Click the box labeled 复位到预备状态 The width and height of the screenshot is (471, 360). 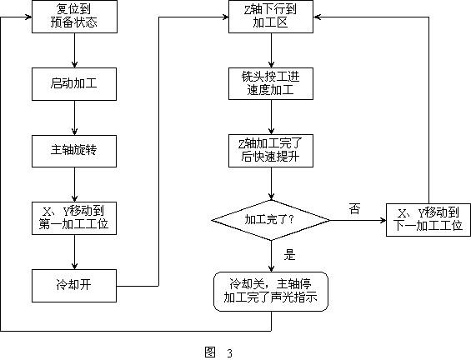(x=74, y=17)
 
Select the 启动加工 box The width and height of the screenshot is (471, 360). (x=74, y=84)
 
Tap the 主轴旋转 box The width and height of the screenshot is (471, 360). (x=74, y=151)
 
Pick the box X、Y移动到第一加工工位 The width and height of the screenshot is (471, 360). (x=74, y=218)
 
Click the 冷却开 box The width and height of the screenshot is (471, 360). (x=74, y=286)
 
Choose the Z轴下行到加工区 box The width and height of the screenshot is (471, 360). (x=271, y=17)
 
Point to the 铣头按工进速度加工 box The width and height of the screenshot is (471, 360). (x=271, y=84)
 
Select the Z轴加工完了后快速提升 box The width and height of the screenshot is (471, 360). (x=271, y=151)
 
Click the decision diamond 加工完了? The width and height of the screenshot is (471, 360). (x=271, y=220)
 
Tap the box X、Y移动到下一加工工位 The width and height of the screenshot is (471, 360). (x=428, y=220)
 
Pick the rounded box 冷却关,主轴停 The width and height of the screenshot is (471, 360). (x=271, y=291)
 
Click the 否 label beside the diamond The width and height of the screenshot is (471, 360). (x=355, y=208)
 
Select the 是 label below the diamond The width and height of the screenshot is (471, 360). (x=290, y=255)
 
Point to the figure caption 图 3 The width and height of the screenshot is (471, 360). (x=218, y=352)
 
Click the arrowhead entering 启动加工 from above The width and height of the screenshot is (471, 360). (x=74, y=64)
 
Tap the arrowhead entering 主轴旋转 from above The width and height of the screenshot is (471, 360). (x=74, y=132)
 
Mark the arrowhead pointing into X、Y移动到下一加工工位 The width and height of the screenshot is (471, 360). (x=383, y=220)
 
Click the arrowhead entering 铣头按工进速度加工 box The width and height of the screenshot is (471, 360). (x=271, y=64)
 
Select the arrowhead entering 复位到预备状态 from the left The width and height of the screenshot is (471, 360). (x=28, y=17)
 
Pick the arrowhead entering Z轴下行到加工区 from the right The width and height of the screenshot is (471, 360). (x=317, y=17)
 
